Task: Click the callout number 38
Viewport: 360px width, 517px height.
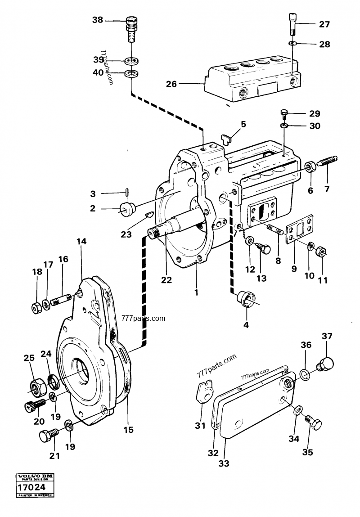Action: [x=97, y=20]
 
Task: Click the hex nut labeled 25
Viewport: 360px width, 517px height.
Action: [x=35, y=386]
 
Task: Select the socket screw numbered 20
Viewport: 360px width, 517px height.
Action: [x=33, y=405]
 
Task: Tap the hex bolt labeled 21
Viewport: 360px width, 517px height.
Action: [x=47, y=435]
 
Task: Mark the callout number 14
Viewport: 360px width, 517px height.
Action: [x=81, y=242]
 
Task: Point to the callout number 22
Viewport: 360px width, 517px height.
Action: [x=167, y=280]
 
